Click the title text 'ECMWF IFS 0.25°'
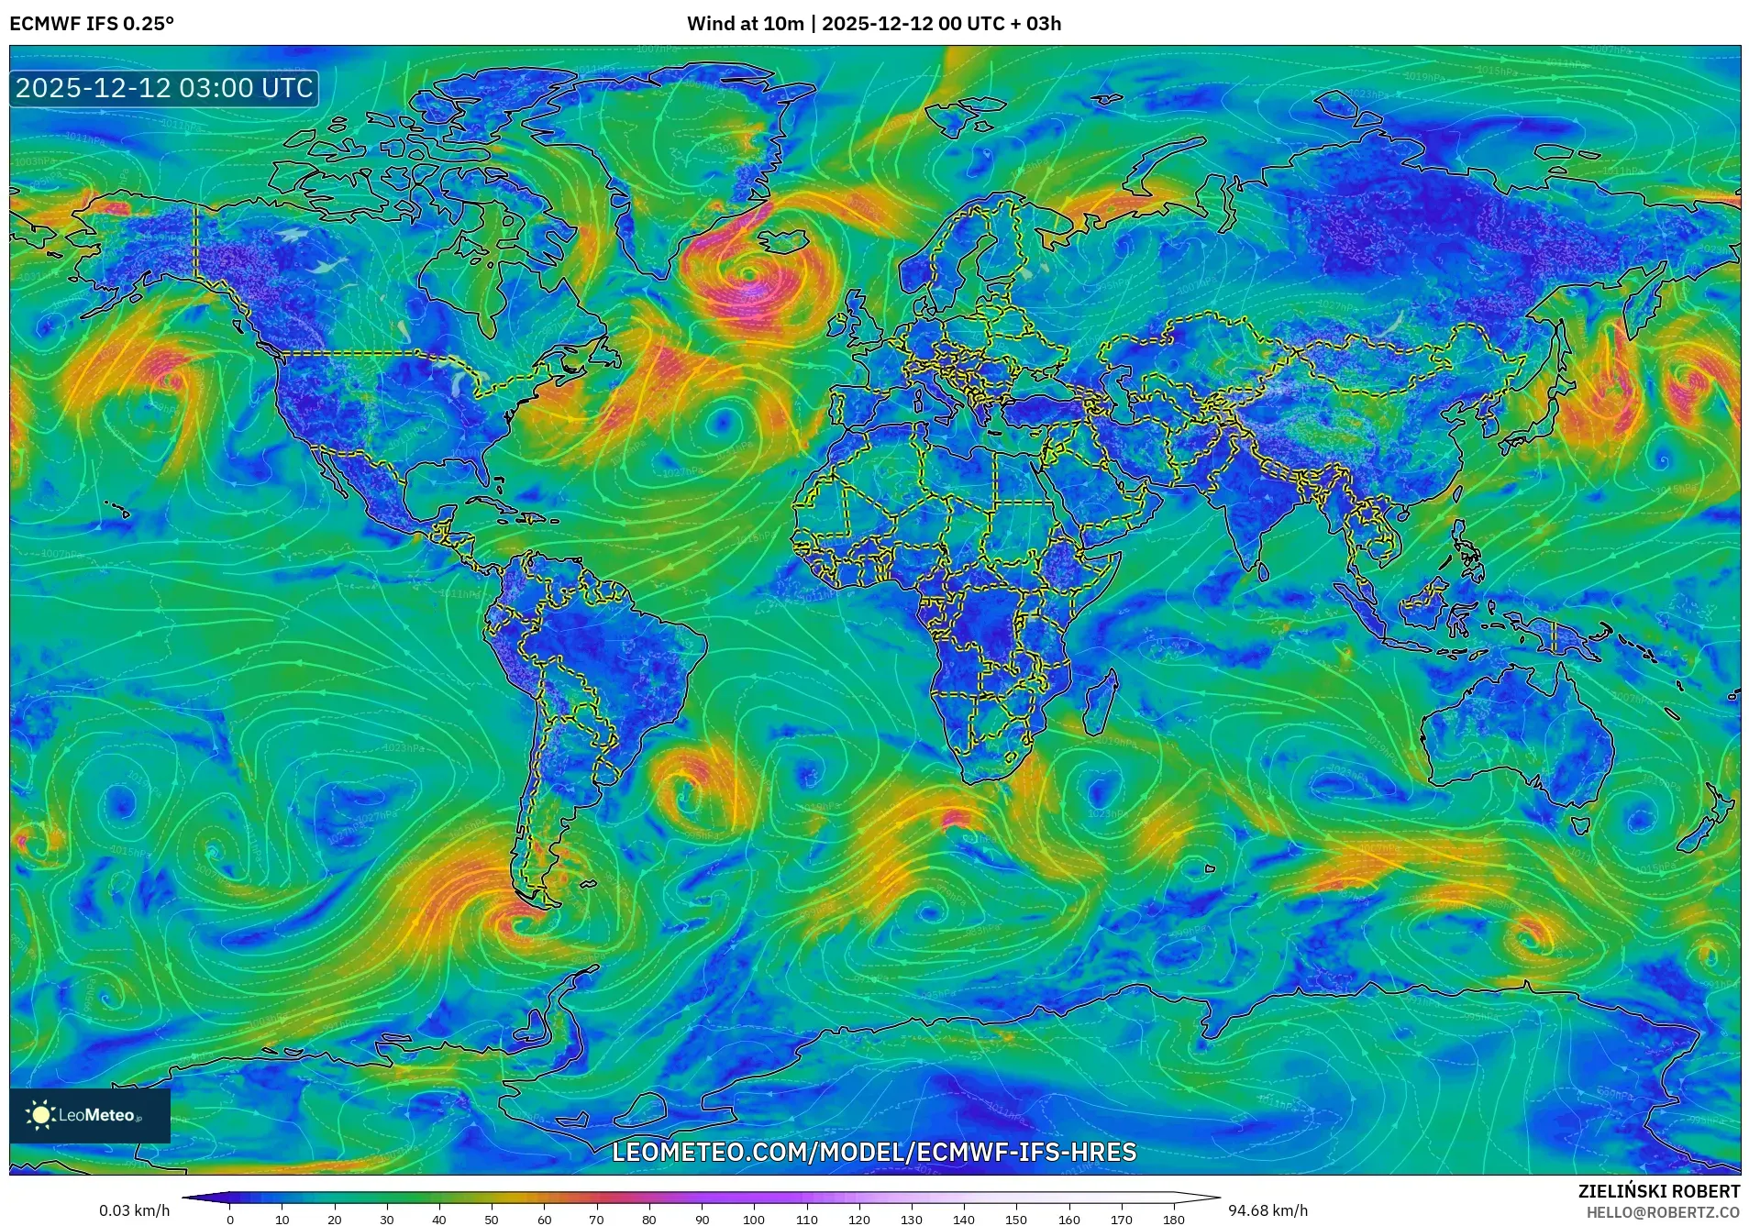[x=91, y=24]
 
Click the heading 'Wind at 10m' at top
[x=745, y=24]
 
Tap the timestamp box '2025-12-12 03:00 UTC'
[x=164, y=88]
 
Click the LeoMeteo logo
[x=89, y=1115]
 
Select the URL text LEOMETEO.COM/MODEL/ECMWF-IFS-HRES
[x=873, y=1152]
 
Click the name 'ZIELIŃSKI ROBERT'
[x=1658, y=1191]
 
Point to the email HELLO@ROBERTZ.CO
[x=1663, y=1212]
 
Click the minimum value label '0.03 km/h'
[x=134, y=1210]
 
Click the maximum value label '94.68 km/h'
[x=1267, y=1210]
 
